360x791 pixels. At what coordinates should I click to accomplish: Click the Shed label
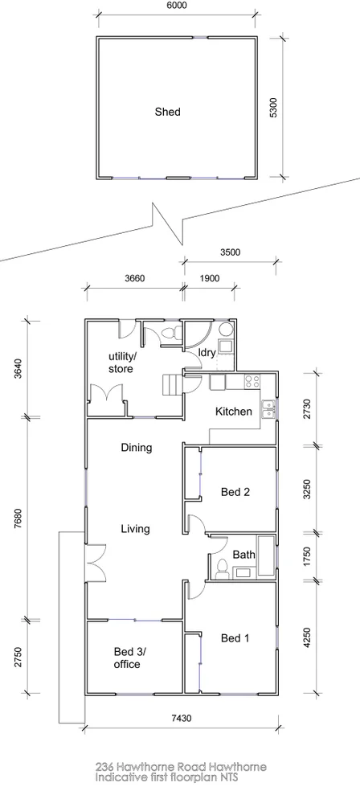[x=167, y=113]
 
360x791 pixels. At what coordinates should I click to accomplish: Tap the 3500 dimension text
[x=230, y=252]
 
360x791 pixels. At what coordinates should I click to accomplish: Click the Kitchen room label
[x=234, y=412]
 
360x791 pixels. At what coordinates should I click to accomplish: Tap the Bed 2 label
[x=236, y=493]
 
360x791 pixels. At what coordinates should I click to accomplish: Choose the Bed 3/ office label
[x=127, y=658]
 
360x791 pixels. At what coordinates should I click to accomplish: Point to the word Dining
[x=137, y=448]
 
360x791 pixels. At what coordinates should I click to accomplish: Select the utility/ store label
[x=122, y=363]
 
